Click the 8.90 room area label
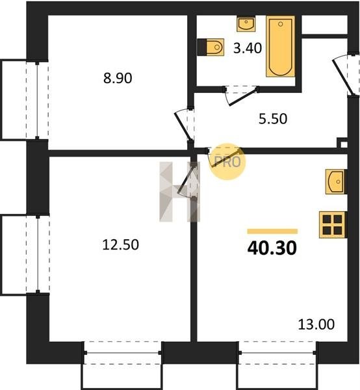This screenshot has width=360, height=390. (118, 79)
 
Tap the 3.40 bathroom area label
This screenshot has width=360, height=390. (248, 48)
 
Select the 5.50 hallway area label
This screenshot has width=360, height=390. (273, 119)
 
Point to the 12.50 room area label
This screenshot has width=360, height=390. (121, 244)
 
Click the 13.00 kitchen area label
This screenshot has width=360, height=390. (316, 324)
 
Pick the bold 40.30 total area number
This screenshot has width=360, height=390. (272, 248)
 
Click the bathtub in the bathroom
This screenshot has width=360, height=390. (281, 47)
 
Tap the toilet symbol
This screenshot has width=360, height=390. (211, 47)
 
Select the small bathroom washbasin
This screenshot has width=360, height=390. (246, 24)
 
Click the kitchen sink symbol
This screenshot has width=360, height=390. (336, 181)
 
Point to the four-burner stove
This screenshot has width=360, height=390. (333, 225)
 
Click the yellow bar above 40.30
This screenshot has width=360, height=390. (272, 231)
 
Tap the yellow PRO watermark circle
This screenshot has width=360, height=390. (227, 161)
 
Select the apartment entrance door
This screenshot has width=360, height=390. (344, 75)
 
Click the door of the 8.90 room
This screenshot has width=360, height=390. (185, 125)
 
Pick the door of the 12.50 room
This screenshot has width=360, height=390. (188, 180)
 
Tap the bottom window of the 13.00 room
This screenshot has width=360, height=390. (277, 353)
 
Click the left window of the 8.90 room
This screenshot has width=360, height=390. (37, 100)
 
